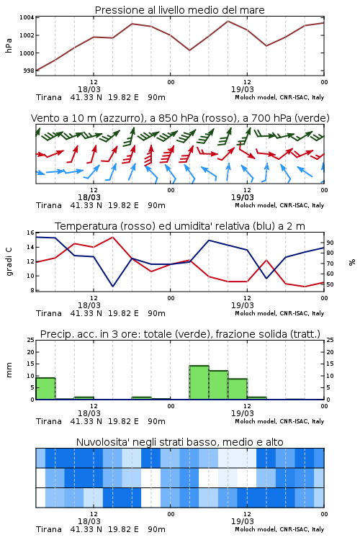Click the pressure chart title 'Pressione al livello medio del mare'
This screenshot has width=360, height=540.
pos(179,10)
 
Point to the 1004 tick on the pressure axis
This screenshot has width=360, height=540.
pos(27,17)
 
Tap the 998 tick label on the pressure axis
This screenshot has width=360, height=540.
pos(29,71)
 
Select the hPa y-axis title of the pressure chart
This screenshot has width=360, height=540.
pos(9,45)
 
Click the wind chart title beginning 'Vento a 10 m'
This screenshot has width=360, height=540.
pos(180,118)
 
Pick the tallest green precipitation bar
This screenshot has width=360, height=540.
pos(199,382)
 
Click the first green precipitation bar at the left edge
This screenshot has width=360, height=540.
pos(45,389)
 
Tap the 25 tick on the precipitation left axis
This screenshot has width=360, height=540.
pos(31,341)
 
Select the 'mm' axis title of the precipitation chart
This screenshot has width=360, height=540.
pos(9,369)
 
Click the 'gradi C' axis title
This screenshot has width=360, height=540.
pos(9,261)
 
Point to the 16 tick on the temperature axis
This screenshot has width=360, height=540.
pos(31,233)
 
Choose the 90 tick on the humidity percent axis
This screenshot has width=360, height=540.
pos(330,243)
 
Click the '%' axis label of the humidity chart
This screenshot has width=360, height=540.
pos(352,262)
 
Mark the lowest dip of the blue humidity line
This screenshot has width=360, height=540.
pos(112,286)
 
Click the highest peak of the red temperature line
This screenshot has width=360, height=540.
pos(112,237)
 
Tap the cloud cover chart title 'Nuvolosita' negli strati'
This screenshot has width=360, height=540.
pos(147,442)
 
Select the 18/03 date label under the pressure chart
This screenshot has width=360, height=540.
pos(89,89)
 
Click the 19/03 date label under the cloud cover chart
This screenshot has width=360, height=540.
pos(243,521)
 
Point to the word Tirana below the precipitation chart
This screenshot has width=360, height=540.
pos(49,421)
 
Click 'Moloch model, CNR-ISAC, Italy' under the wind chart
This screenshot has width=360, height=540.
pos(279,205)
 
